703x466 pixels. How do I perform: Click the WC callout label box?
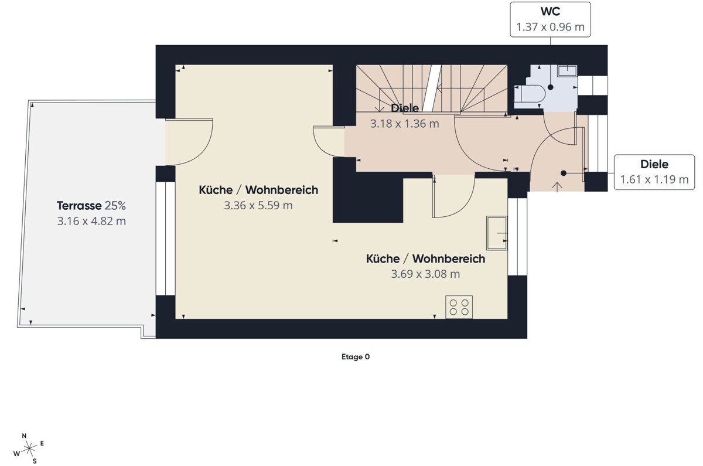pyautogui.click(x=550, y=19)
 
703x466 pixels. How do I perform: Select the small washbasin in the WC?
pyautogui.click(x=567, y=71)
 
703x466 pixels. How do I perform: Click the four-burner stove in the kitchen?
pyautogui.click(x=459, y=307)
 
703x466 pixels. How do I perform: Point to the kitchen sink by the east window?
pyautogui.click(x=497, y=233)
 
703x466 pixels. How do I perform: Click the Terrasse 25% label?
pyautogui.click(x=91, y=206)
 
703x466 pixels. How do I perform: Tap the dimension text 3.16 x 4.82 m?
pyautogui.click(x=91, y=221)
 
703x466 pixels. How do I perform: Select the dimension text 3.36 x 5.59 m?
pyautogui.click(x=258, y=205)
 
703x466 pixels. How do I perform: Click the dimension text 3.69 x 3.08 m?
pyautogui.click(x=425, y=274)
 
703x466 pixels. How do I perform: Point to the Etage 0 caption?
pyautogui.click(x=356, y=357)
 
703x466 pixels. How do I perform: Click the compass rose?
pyautogui.click(x=29, y=448)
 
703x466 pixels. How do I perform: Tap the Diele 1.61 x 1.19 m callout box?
pyautogui.click(x=654, y=172)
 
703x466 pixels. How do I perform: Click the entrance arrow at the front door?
pyautogui.click(x=557, y=187)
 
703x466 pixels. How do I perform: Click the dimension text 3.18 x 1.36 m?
pyautogui.click(x=405, y=124)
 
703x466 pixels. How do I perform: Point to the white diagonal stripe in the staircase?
pyautogui.click(x=429, y=89)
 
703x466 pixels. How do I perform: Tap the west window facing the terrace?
pyautogui.click(x=165, y=239)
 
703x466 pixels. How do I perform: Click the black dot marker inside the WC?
pyautogui.click(x=551, y=87)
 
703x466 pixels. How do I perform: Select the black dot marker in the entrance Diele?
pyautogui.click(x=564, y=173)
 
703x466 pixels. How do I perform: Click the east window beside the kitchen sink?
pyautogui.click(x=517, y=237)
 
